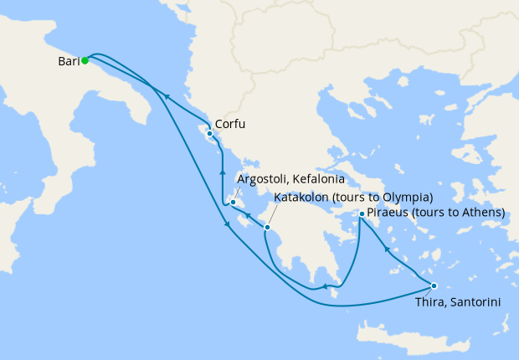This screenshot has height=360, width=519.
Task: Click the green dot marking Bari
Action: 85,60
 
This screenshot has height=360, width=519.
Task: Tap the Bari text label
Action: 69,61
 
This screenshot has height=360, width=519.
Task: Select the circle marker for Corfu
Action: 208,133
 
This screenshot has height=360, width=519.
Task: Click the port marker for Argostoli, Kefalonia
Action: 232,202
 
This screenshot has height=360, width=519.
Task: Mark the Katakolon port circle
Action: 266,227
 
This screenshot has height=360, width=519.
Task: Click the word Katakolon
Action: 302,198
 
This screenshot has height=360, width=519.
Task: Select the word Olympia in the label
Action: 407,198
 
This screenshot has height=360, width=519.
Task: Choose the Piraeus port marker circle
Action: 361,214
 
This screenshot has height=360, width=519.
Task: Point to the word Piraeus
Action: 388,213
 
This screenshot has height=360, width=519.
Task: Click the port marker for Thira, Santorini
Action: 434,285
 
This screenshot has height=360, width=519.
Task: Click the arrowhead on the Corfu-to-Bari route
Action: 167,97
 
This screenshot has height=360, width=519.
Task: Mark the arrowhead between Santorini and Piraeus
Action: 386,249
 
